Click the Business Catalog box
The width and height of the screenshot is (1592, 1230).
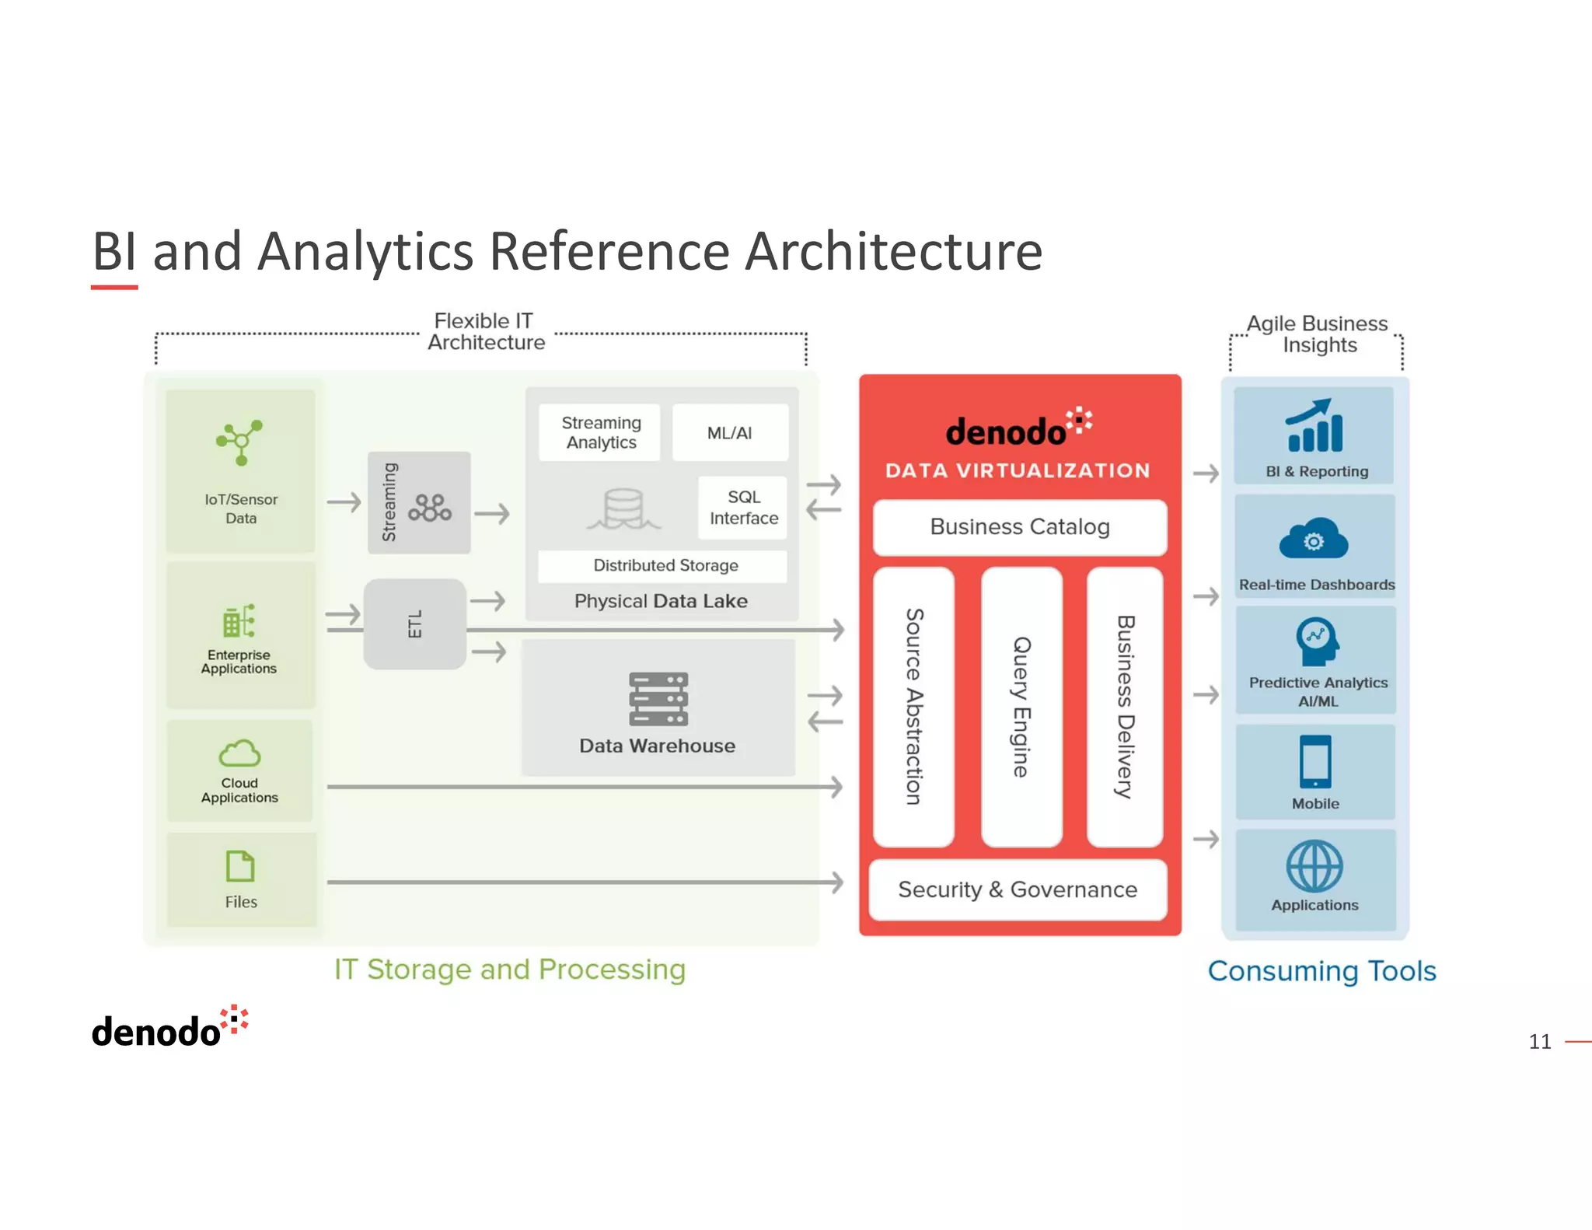pyautogui.click(x=1019, y=527)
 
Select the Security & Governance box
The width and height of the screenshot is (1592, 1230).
pyautogui.click(x=1018, y=889)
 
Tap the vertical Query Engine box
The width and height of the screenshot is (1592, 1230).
pyautogui.click(x=1021, y=707)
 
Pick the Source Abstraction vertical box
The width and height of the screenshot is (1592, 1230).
pyautogui.click(x=913, y=707)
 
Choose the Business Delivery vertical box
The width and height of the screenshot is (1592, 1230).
pyautogui.click(x=1125, y=707)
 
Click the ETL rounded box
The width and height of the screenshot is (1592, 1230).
pyautogui.click(x=415, y=624)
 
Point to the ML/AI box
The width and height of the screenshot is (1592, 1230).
pyautogui.click(x=729, y=433)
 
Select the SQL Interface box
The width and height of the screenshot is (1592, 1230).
pyautogui.click(x=743, y=508)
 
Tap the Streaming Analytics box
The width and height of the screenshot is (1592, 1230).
pyautogui.click(x=600, y=432)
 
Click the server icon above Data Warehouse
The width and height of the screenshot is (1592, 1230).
pyautogui.click(x=658, y=698)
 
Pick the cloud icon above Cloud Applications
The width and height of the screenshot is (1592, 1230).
pyautogui.click(x=239, y=753)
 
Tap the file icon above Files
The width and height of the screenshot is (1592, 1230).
pyautogui.click(x=240, y=865)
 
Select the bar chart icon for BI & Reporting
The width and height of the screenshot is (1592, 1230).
pyautogui.click(x=1314, y=427)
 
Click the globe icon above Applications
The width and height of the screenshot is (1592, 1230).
pyautogui.click(x=1314, y=865)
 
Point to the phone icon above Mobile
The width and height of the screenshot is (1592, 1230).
pyautogui.click(x=1315, y=761)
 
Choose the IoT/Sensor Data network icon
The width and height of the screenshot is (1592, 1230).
pyautogui.click(x=240, y=442)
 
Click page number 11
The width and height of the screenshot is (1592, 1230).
pyautogui.click(x=1539, y=1041)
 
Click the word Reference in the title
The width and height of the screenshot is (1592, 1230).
pyautogui.click(x=609, y=252)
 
